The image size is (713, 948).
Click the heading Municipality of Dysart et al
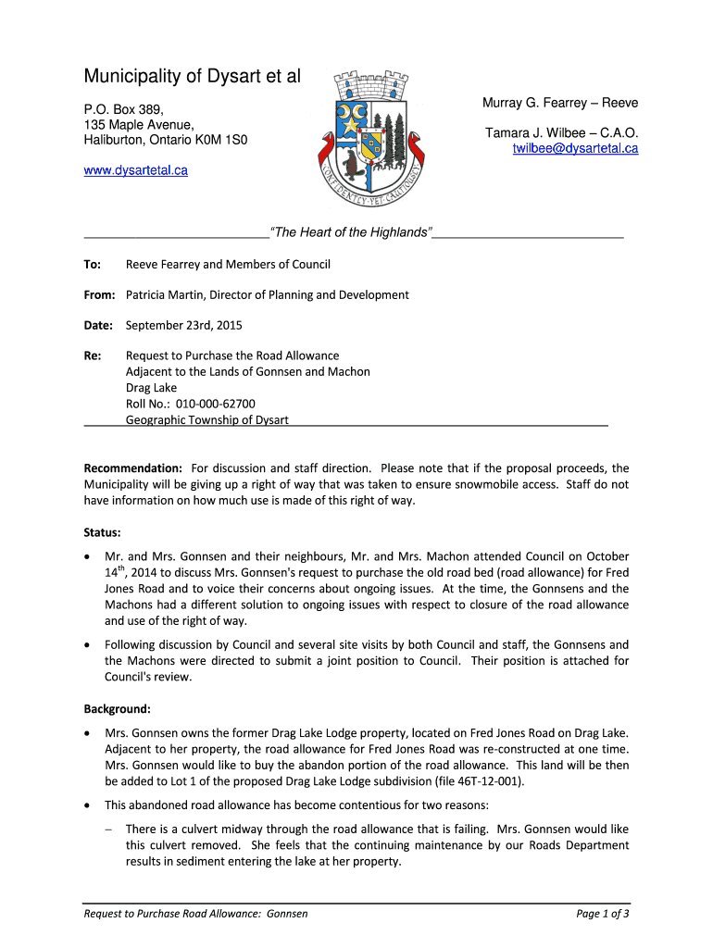point(192,76)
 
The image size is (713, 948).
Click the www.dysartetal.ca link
point(136,170)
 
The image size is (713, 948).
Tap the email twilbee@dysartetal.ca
point(575,148)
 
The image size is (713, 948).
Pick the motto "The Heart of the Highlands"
point(350,232)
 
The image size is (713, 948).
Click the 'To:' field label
point(93,265)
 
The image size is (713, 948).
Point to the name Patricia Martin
point(164,295)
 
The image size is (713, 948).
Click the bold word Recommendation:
point(132,468)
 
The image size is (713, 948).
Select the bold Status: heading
point(102,533)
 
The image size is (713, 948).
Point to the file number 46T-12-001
point(487,781)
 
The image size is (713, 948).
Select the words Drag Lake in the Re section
point(151,388)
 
